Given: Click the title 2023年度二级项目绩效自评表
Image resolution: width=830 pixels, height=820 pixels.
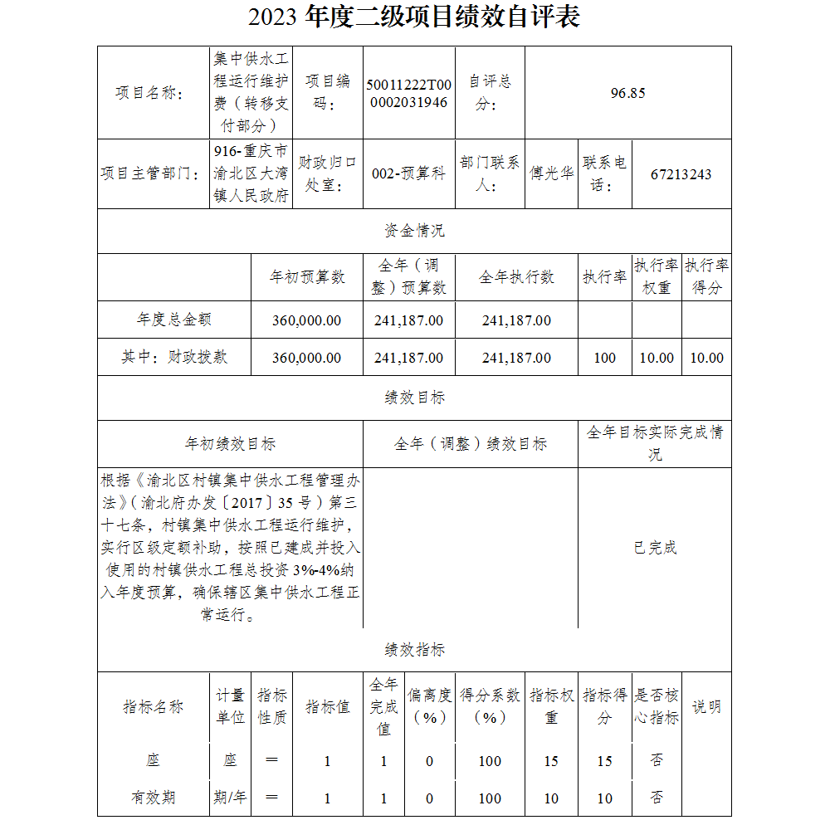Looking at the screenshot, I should pos(414,17).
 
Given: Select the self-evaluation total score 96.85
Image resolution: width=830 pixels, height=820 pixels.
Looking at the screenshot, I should pos(627,93).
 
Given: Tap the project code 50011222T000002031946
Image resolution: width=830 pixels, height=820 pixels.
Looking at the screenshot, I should pos(409,93).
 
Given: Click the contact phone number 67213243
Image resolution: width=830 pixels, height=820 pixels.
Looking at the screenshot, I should pos(681,174).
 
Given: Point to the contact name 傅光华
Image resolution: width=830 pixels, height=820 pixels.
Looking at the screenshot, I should pos(552,174).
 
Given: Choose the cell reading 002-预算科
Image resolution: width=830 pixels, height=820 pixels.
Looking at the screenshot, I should pos(408,174).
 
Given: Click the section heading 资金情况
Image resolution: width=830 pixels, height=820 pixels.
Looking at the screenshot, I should pos(414,231).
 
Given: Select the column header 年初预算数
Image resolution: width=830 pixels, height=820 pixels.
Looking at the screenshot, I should pos(307,277).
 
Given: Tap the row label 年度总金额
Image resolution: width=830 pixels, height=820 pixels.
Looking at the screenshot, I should pos(174,320).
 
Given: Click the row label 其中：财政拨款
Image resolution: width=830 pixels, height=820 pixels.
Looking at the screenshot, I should pos(174,357).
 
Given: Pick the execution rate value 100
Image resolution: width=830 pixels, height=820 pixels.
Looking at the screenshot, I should pos(605,358).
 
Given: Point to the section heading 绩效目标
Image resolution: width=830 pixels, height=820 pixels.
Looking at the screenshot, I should pos(414,398).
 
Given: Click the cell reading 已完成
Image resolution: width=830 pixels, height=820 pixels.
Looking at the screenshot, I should pos(655,548).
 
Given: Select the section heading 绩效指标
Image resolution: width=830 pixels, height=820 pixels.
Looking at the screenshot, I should pos(414,650).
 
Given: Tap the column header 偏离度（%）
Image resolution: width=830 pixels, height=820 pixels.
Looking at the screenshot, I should pos(429,706).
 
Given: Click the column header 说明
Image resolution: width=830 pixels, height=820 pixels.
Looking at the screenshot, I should pos(706,707).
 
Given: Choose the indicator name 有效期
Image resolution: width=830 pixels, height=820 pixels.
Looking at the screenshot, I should pos(153,798).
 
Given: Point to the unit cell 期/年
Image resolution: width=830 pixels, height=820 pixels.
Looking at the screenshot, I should pos(230,798).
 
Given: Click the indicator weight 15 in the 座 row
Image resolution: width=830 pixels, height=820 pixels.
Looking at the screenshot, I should pos(551,761).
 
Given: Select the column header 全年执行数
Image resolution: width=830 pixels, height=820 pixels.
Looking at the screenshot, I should pos(516,277).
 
